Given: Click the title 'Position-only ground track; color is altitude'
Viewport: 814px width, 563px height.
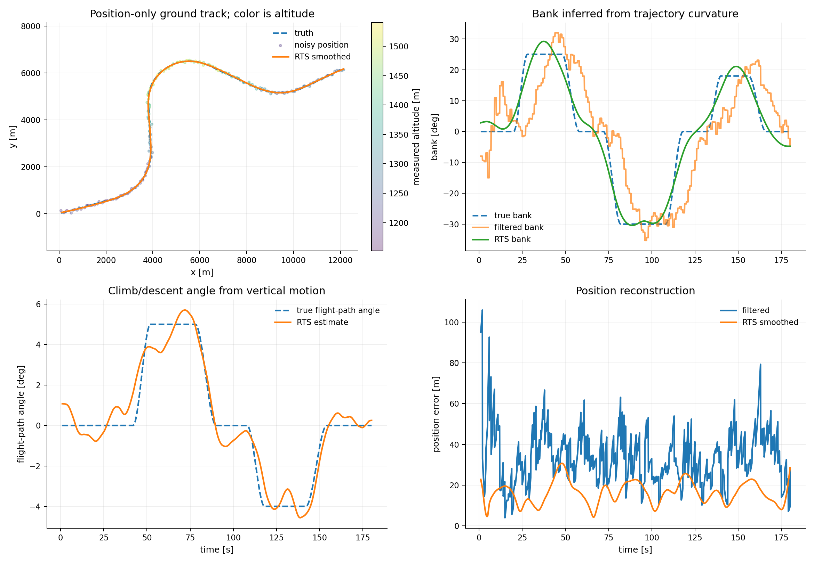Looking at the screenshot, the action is click(202, 14).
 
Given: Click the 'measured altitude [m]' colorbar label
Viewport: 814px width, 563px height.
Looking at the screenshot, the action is click(416, 137).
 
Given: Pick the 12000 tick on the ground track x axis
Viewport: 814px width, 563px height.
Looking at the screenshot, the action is click(340, 260).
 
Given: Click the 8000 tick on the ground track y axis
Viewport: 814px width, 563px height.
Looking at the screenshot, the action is click(31, 26).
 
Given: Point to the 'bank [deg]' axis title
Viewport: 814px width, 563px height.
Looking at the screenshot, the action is click(434, 137).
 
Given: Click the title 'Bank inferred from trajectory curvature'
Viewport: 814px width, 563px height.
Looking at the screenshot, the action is click(635, 14).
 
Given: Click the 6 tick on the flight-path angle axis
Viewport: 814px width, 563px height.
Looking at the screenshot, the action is click(39, 304).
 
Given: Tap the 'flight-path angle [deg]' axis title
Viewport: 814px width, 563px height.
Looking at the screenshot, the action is click(21, 414).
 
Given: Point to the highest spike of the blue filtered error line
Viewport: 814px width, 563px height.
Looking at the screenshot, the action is click(482, 310).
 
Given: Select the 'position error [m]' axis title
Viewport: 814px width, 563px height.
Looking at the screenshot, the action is click(436, 414).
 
